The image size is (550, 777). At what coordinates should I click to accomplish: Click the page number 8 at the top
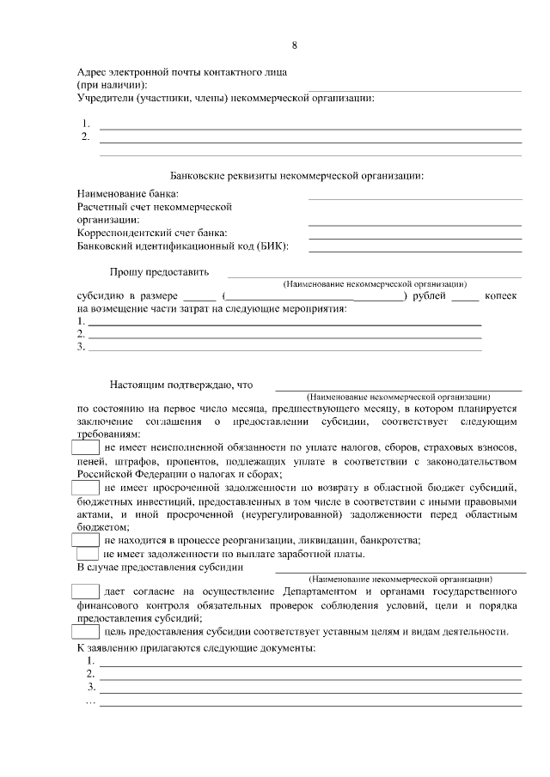coord(295,46)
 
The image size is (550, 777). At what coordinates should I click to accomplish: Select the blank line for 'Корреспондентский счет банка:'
coord(415,238)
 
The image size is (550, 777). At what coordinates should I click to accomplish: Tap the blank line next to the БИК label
coord(415,251)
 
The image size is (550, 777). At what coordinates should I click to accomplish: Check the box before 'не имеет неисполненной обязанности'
coord(86,447)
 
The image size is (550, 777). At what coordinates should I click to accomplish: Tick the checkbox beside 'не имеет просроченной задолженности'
coord(86,487)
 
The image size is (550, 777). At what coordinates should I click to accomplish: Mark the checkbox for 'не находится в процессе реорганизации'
coord(86,540)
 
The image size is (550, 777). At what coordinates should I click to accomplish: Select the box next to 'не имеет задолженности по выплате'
coord(88,554)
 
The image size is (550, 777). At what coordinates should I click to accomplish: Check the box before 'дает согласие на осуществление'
coord(85,592)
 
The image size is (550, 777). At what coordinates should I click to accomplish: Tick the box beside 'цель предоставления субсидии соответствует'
coord(86,632)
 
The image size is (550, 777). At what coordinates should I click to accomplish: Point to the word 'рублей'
coord(430,295)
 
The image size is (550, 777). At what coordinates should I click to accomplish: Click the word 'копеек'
coord(500,295)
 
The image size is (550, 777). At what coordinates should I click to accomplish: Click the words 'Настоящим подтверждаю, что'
coord(182,385)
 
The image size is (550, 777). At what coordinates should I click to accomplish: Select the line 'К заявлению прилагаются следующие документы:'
coord(197,647)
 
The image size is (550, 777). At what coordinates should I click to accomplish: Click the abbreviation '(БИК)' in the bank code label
coord(272,246)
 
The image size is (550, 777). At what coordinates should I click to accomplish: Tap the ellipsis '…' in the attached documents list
coord(90,701)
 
